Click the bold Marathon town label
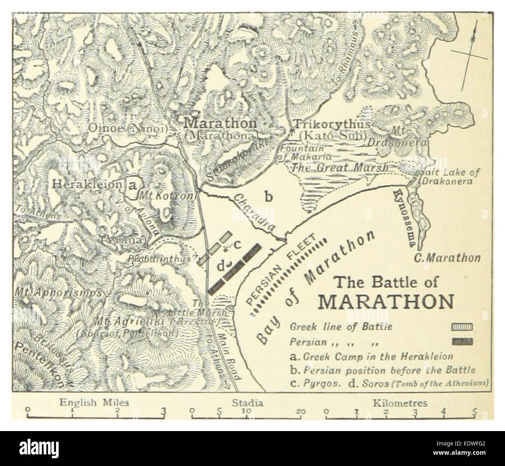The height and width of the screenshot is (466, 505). click(x=220, y=123)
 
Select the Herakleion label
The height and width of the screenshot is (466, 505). click(x=87, y=184)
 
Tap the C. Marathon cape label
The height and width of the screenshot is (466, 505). click(x=447, y=257)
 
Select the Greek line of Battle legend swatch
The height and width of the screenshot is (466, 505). click(x=462, y=327)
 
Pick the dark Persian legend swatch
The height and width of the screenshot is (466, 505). click(x=462, y=342)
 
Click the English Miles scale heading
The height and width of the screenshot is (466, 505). click(x=94, y=403)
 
